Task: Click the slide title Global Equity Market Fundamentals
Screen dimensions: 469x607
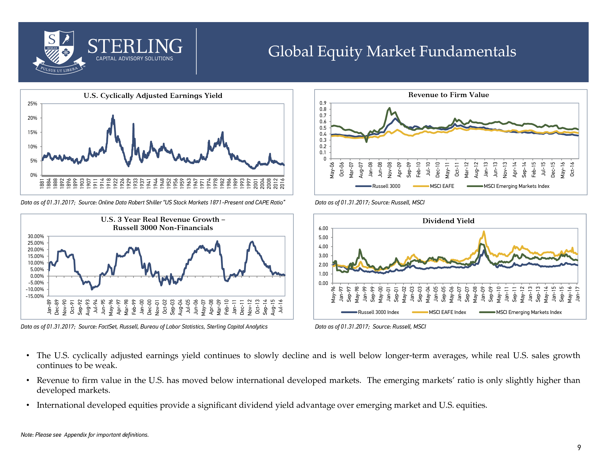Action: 392,51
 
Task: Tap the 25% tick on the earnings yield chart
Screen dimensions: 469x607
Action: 32,104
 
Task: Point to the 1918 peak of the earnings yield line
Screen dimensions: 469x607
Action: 113,115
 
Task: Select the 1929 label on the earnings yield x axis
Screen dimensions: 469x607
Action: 129,184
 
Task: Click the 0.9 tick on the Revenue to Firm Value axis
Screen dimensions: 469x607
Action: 323,103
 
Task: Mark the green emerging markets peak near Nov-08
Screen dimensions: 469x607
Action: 390,108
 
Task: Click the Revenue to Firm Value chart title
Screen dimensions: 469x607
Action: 448,95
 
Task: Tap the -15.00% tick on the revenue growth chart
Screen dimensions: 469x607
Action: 35,296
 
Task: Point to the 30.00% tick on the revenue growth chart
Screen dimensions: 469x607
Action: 36,236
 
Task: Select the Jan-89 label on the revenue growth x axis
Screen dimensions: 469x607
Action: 49,307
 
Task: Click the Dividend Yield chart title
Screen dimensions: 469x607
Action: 448,221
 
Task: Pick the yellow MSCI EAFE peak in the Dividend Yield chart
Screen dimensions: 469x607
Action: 484,231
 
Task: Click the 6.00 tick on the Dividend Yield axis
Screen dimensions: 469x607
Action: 323,228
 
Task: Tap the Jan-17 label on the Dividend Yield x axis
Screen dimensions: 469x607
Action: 577,294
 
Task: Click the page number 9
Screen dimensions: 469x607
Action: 579,447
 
